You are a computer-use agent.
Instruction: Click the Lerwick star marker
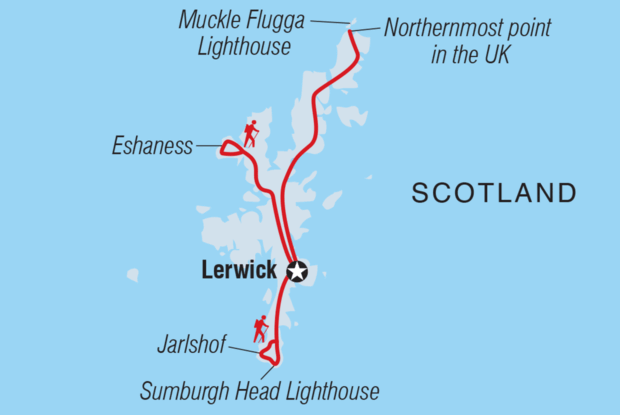click(297, 271)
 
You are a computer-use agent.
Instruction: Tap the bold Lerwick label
click(239, 271)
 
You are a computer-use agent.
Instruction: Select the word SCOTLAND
click(494, 193)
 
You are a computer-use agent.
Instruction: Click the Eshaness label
click(153, 147)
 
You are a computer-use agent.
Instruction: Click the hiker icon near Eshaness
click(250, 134)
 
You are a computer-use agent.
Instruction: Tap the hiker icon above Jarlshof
click(261, 328)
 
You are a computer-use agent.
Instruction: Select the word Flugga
click(274, 20)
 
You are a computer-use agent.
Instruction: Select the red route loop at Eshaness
click(229, 148)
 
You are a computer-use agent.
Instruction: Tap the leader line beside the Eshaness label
click(207, 147)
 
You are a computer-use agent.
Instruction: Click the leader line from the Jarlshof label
click(244, 349)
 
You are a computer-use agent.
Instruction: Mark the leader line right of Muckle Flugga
click(327, 20)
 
